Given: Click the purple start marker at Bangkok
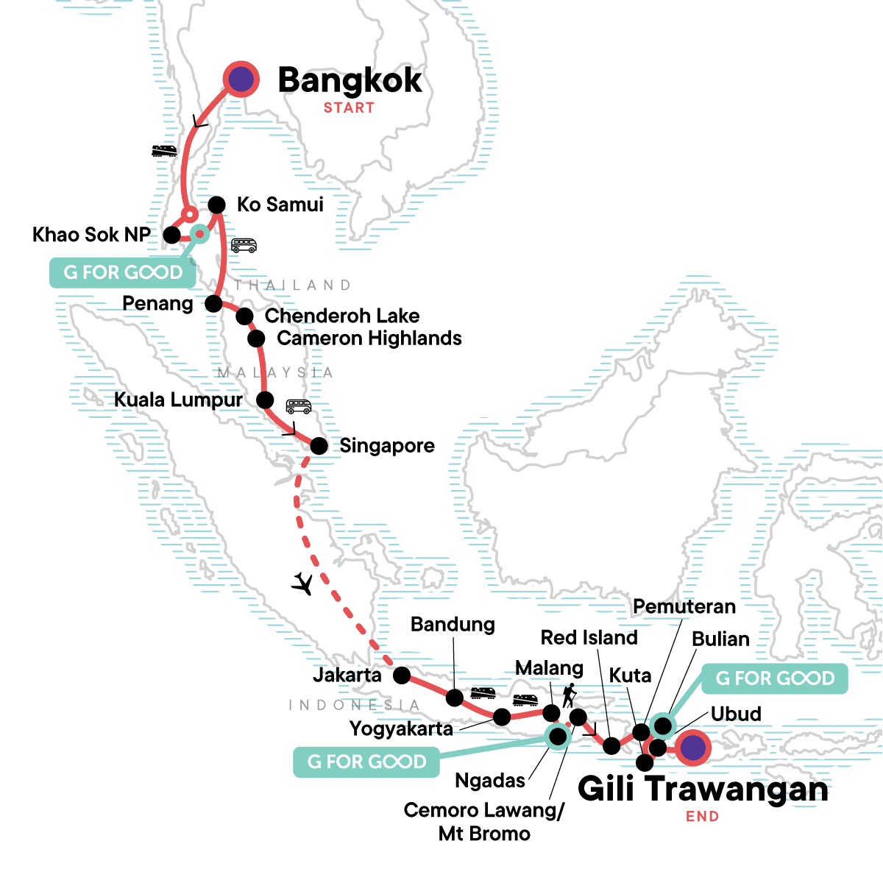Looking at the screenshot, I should coord(241,79).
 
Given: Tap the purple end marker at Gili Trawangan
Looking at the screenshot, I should coord(692,748).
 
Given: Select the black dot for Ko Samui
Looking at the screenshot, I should coord(216,205).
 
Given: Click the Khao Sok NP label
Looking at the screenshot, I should coord(91,235).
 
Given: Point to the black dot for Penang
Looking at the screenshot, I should coord(213,303).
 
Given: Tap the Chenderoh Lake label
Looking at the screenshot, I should coord(342,316).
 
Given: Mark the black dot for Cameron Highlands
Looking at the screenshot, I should coord(256,338).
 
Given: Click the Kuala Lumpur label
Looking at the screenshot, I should coord(178,400).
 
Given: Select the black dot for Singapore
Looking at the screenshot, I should coord(319,446).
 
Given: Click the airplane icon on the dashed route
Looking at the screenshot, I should coord(302,584).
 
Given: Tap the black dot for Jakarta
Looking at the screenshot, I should coord(402,675).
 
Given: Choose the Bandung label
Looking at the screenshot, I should coord(453,625).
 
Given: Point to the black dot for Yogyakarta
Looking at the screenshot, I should coord(502,717).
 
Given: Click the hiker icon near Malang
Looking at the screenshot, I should coord(569,695).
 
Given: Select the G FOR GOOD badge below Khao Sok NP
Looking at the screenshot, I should coord(123,273).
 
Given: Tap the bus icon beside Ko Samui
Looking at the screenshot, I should coord(244,245).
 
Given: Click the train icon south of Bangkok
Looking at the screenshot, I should coord(164,151).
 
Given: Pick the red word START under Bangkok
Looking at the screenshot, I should coord(349,107).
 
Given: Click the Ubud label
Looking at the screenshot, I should coord(736,714).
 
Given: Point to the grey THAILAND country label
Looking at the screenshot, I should coord(293,285).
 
